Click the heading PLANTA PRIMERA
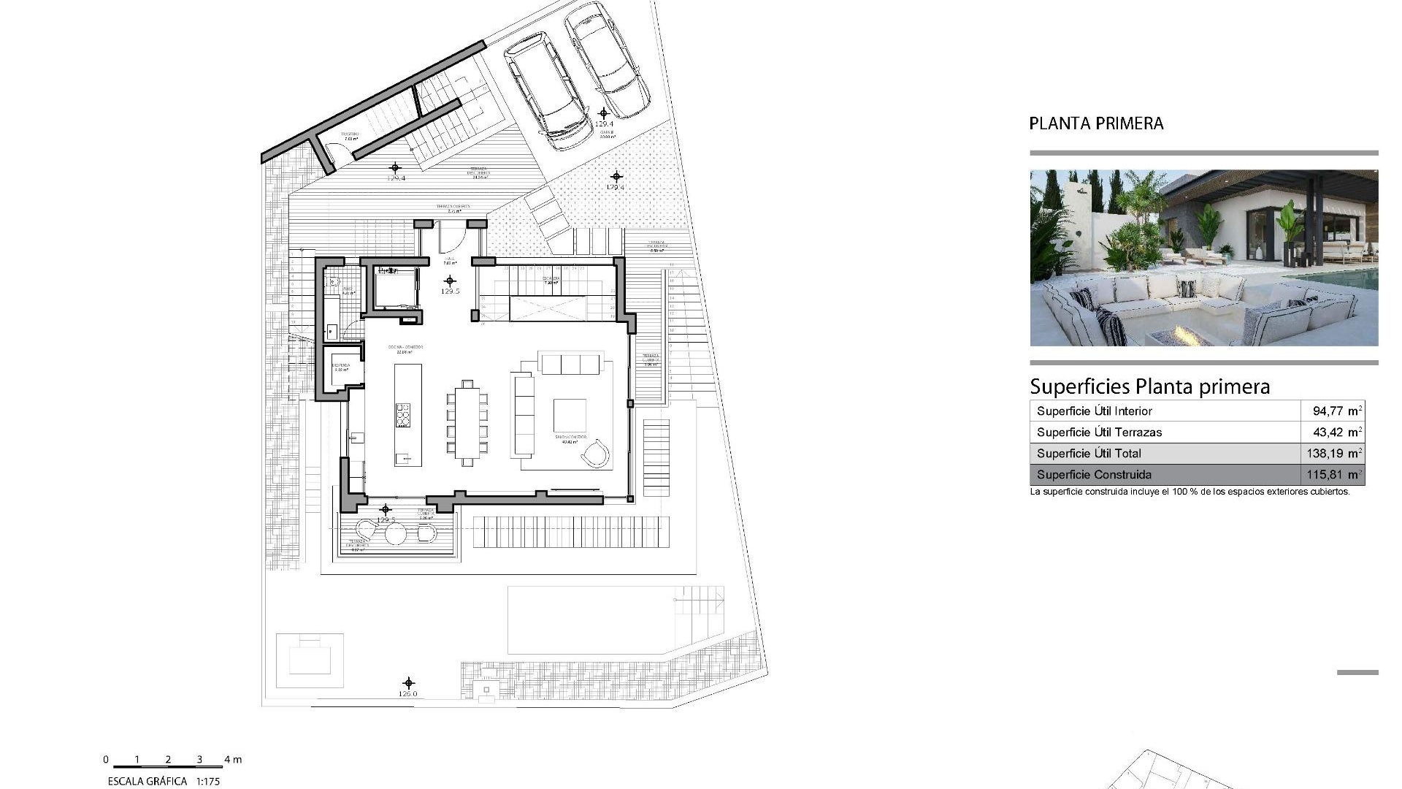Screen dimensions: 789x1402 point(1096,123)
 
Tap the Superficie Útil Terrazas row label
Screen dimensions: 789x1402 point(1099,432)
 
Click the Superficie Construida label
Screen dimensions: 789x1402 point(1094,474)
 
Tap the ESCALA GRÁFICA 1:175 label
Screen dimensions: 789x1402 point(164,781)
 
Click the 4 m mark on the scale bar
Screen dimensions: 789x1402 point(233,760)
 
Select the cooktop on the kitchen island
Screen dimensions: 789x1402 point(402,414)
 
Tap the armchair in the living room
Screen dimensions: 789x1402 point(595,453)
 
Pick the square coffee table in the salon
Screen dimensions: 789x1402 point(570,415)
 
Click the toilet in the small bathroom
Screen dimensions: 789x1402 point(333,281)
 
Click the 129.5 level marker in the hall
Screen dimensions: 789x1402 point(450,284)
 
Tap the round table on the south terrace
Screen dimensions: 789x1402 point(395,533)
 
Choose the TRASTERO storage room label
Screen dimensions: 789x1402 point(350,135)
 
